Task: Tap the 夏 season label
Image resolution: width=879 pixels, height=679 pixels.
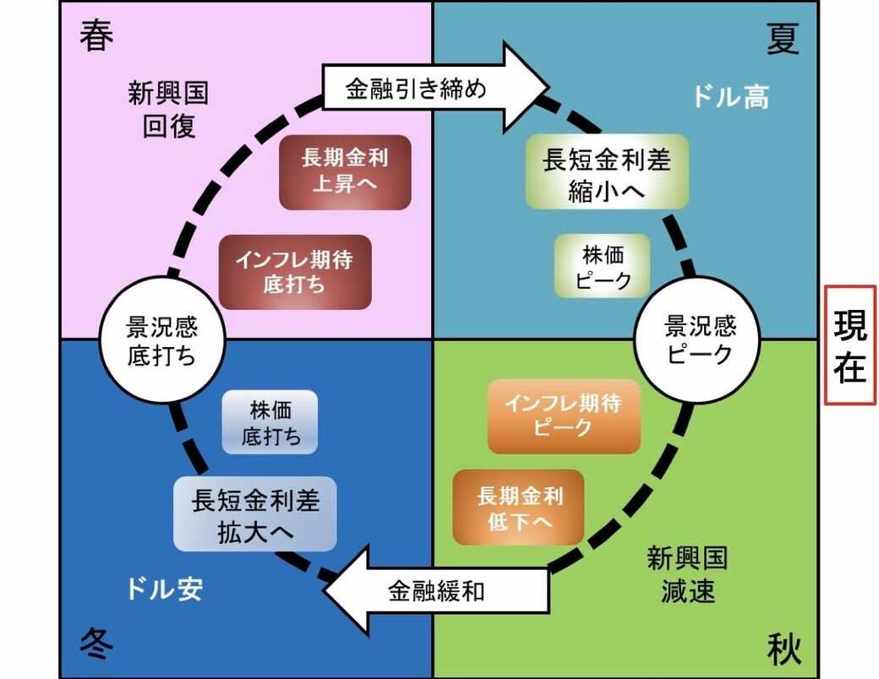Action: [x=783, y=39]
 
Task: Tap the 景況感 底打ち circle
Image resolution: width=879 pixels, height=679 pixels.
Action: [x=161, y=340]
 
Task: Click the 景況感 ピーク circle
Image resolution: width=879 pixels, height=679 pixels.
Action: [x=699, y=339]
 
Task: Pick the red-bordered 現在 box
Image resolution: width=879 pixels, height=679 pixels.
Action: [x=850, y=345]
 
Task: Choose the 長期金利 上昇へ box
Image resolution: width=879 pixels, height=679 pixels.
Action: [x=345, y=172]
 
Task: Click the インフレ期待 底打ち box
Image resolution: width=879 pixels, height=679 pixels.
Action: [x=295, y=272]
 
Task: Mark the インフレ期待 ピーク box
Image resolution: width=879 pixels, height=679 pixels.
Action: [x=564, y=416]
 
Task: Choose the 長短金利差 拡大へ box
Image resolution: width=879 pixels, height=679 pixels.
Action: [x=255, y=513]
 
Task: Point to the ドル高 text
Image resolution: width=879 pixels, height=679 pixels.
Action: [x=731, y=97]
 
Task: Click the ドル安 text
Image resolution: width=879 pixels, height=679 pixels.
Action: [x=165, y=589]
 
